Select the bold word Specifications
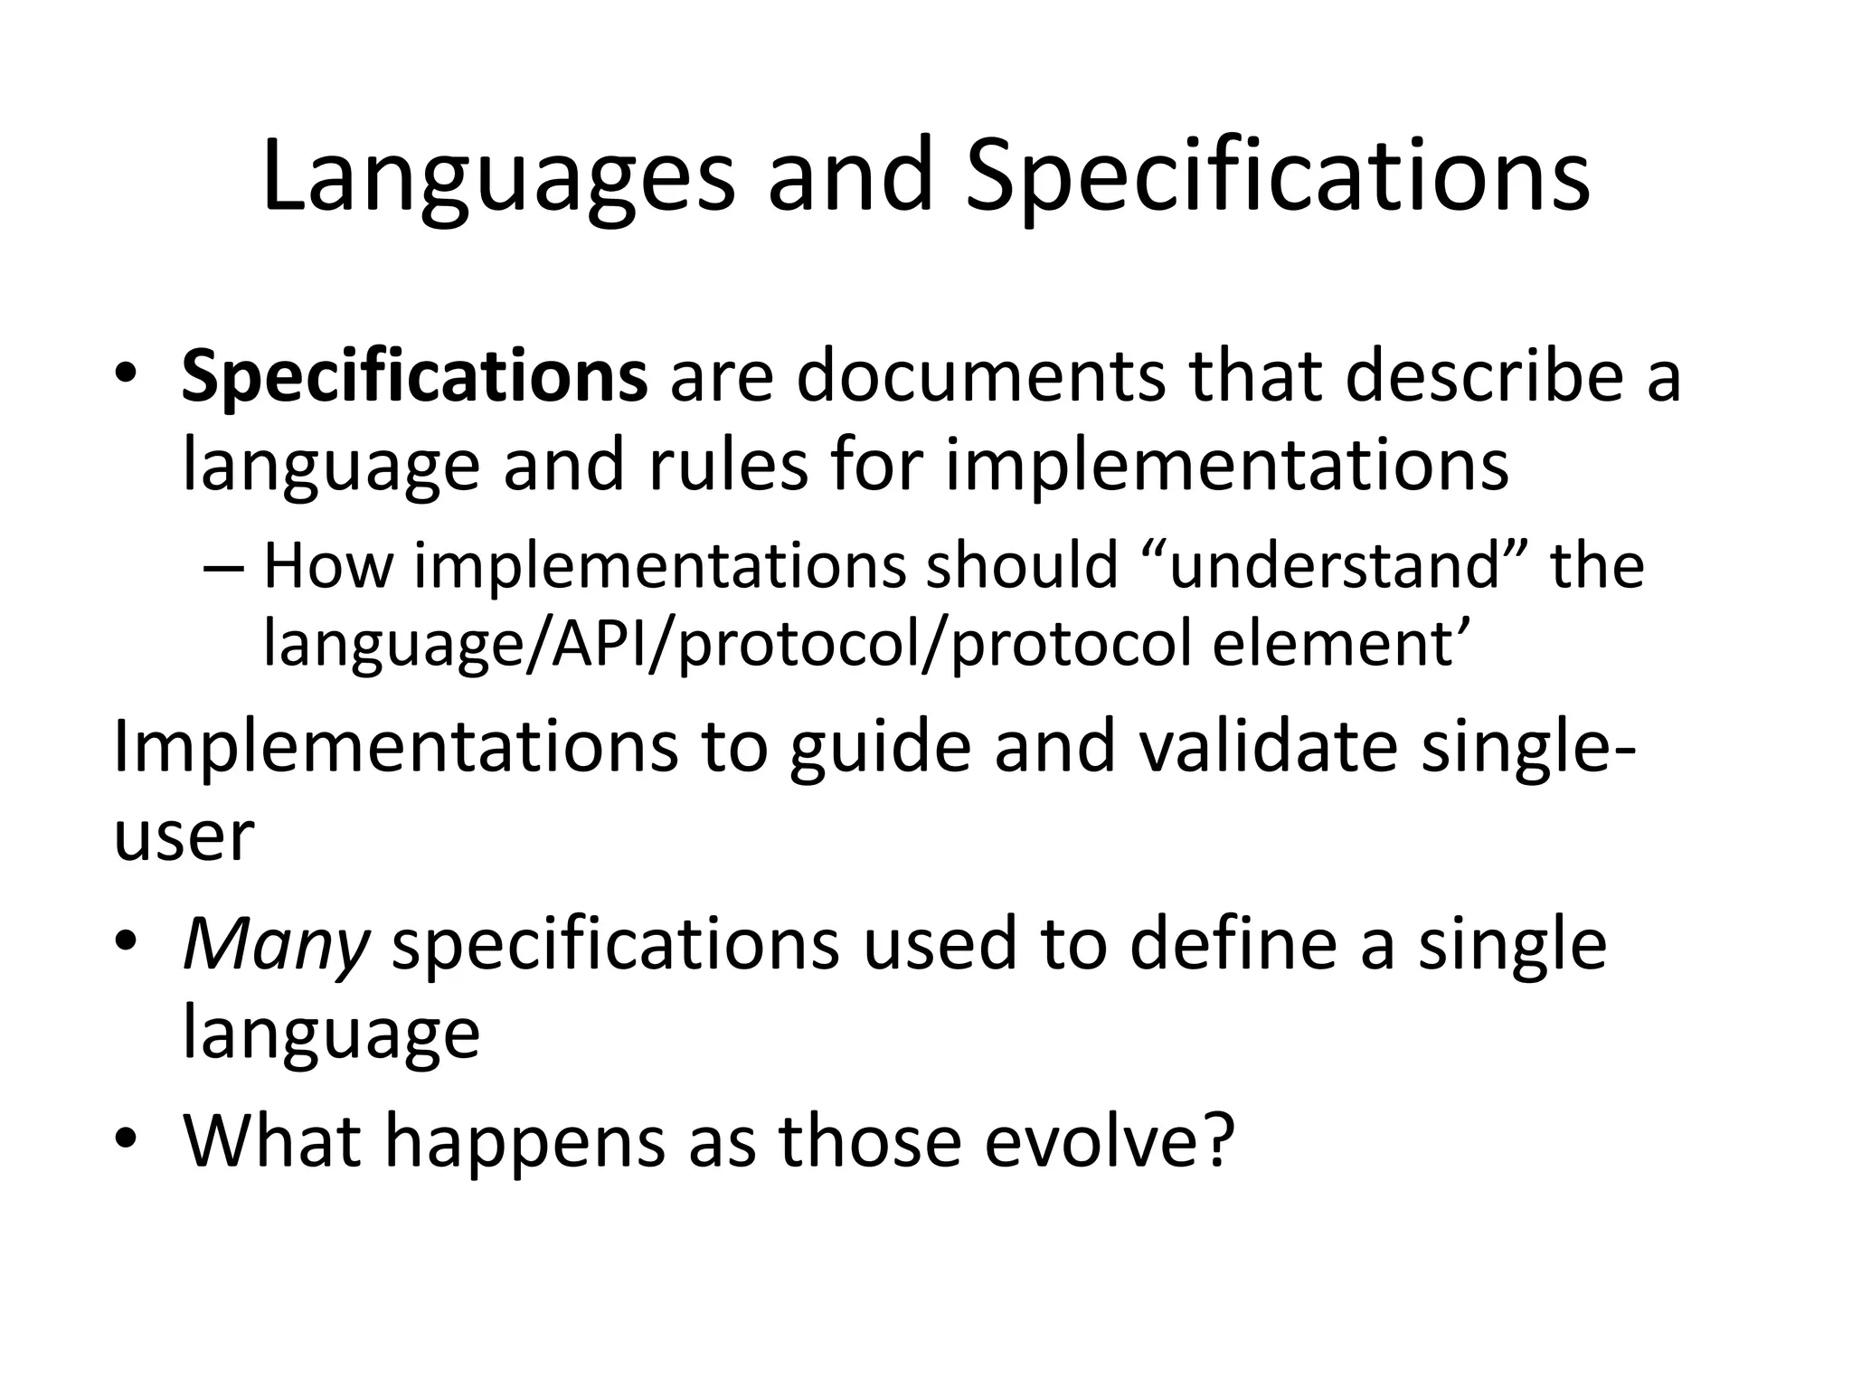414,378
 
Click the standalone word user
183,836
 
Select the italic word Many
276,945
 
